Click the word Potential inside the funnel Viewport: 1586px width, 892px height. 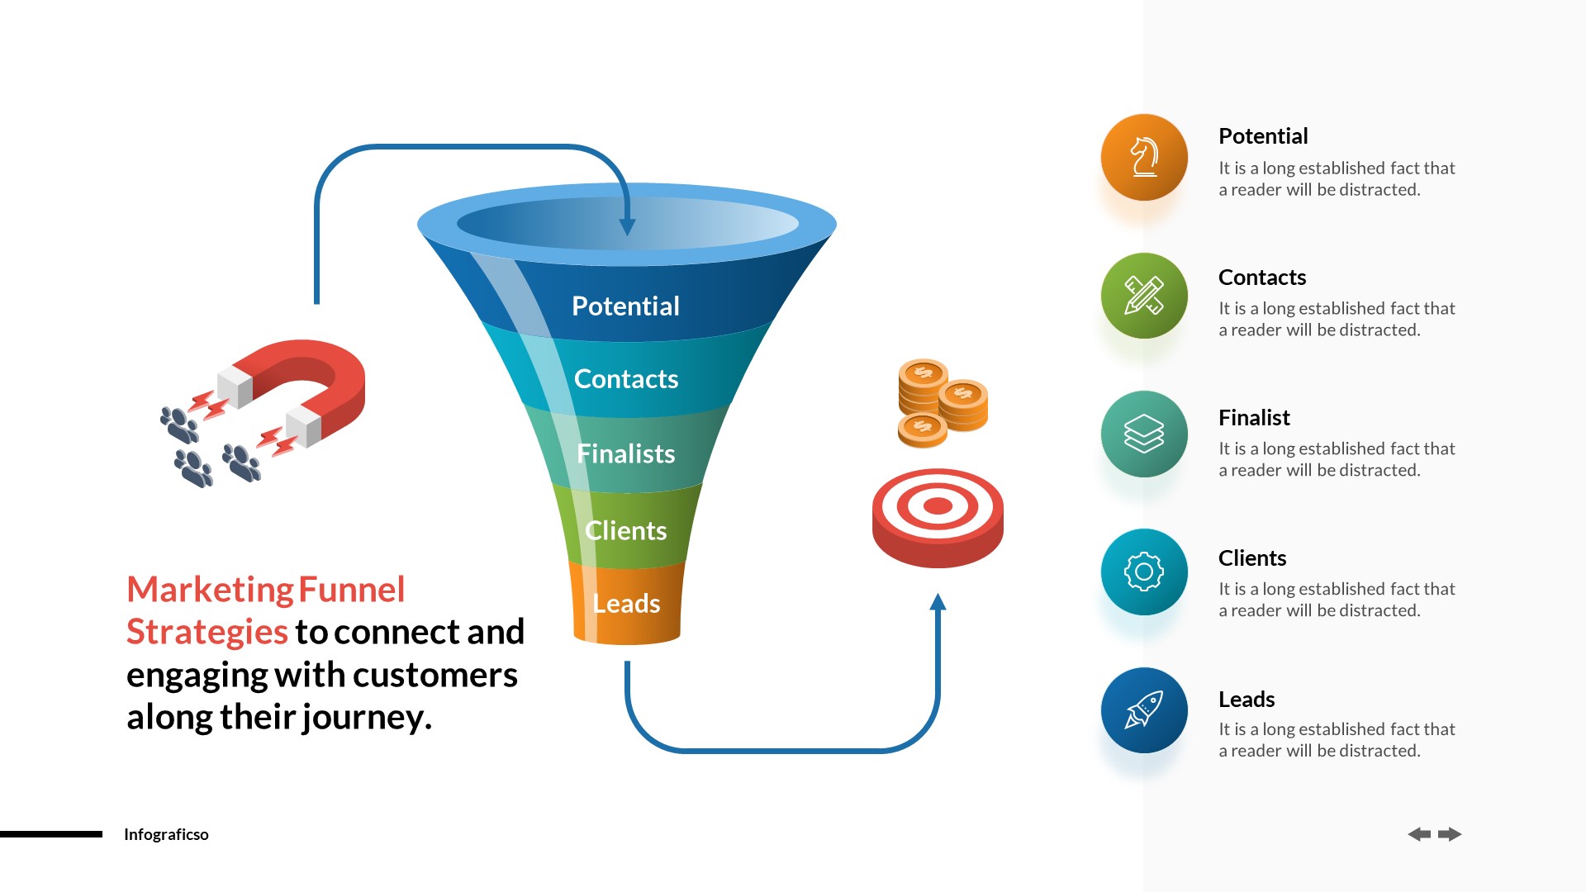(625, 306)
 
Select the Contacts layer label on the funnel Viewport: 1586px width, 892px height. (625, 379)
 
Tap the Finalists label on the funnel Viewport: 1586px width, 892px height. (625, 453)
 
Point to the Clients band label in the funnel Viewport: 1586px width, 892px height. (625, 530)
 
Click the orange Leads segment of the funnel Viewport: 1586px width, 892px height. (626, 604)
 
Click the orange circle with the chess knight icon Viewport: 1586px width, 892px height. (1144, 157)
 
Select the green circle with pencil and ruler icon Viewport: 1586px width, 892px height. (1144, 296)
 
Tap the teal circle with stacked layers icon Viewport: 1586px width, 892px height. (1144, 434)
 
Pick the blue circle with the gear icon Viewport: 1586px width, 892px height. (1144, 572)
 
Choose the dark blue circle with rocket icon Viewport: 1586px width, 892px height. (1144, 710)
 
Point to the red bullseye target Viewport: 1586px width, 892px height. (938, 516)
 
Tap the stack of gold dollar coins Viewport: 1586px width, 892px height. (942, 402)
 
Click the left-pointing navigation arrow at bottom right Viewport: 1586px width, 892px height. (1419, 834)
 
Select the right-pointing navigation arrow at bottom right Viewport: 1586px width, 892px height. (1450, 834)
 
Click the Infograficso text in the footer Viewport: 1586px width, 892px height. (166, 834)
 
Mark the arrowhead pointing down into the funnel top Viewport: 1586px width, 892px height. (627, 227)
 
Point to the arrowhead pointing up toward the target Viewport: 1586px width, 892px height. (938, 602)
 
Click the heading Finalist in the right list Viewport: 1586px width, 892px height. (1253, 418)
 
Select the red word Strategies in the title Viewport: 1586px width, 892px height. (207, 632)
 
